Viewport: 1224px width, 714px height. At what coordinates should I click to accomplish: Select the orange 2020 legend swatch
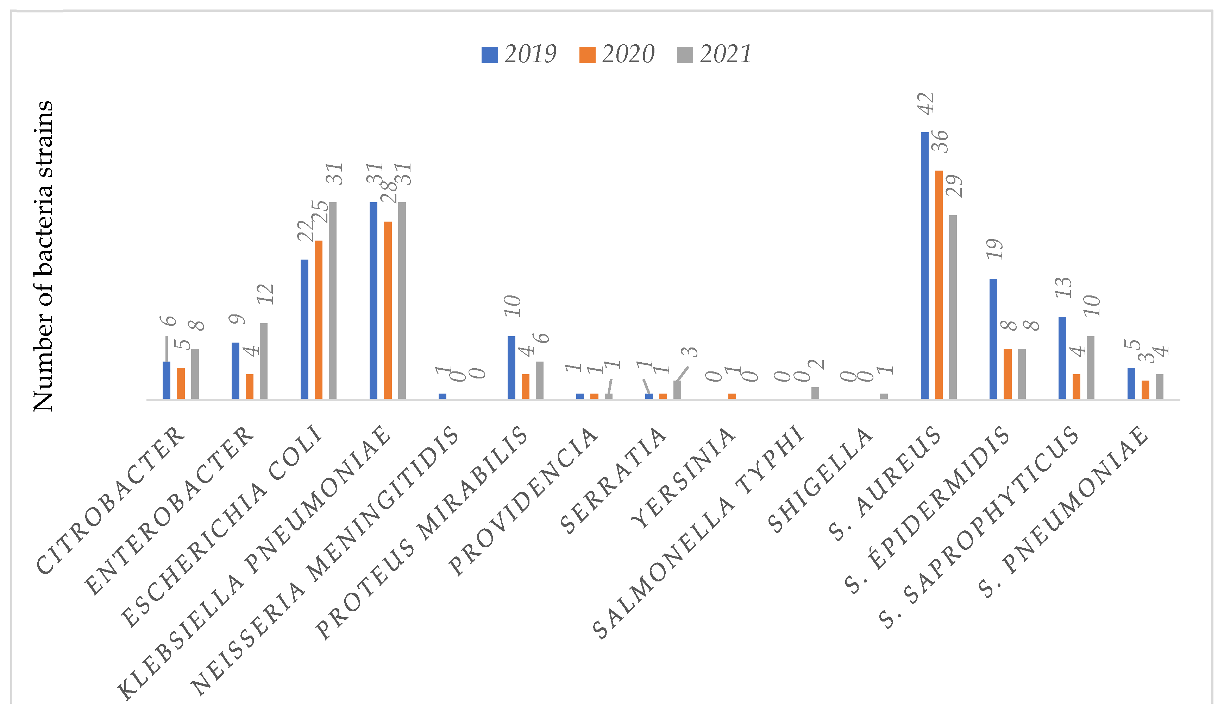[x=587, y=55]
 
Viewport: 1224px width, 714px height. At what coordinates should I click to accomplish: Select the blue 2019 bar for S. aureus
[x=924, y=266]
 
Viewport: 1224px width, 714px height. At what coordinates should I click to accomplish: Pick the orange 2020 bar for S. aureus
[x=939, y=285]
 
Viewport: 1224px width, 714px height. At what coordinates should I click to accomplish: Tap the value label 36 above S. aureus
[x=941, y=141]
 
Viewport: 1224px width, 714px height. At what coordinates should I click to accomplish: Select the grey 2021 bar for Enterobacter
[x=263, y=361]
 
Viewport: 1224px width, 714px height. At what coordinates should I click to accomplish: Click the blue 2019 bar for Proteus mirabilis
[x=511, y=368]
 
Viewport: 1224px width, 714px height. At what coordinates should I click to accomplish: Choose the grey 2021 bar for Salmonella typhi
[x=815, y=393]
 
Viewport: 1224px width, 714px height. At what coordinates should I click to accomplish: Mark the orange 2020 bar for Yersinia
[x=732, y=396]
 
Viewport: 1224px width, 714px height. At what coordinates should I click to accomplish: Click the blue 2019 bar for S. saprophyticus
[x=1062, y=358]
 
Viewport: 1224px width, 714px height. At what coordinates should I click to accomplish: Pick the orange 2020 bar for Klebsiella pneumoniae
[x=388, y=310]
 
